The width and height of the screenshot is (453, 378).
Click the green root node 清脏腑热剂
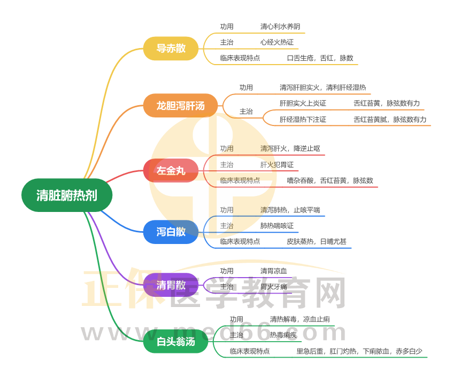[67, 195]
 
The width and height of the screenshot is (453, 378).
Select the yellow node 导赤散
[171, 48]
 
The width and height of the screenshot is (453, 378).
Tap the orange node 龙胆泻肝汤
[180, 105]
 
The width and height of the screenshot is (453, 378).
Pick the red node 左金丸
[171, 171]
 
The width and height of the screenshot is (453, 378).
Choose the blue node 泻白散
[171, 232]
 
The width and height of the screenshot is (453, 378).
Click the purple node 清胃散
[171, 285]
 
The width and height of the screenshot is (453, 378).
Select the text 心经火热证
[277, 42]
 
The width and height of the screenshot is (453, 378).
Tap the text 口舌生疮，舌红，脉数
[320, 58]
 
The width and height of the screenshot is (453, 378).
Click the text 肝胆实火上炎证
[302, 103]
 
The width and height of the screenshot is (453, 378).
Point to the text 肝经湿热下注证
[302, 119]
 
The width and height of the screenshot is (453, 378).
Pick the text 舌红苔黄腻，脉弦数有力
[390, 119]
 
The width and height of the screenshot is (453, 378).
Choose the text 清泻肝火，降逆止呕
[290, 148]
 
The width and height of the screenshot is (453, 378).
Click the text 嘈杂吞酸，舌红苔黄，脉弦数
[329, 180]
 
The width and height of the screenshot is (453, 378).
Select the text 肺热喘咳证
[277, 226]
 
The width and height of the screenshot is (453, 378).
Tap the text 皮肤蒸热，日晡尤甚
[316, 241]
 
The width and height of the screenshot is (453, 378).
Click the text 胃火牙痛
[273, 287]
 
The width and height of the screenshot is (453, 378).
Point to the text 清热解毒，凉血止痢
[300, 319]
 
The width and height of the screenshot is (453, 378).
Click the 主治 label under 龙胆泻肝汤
[246, 112]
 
